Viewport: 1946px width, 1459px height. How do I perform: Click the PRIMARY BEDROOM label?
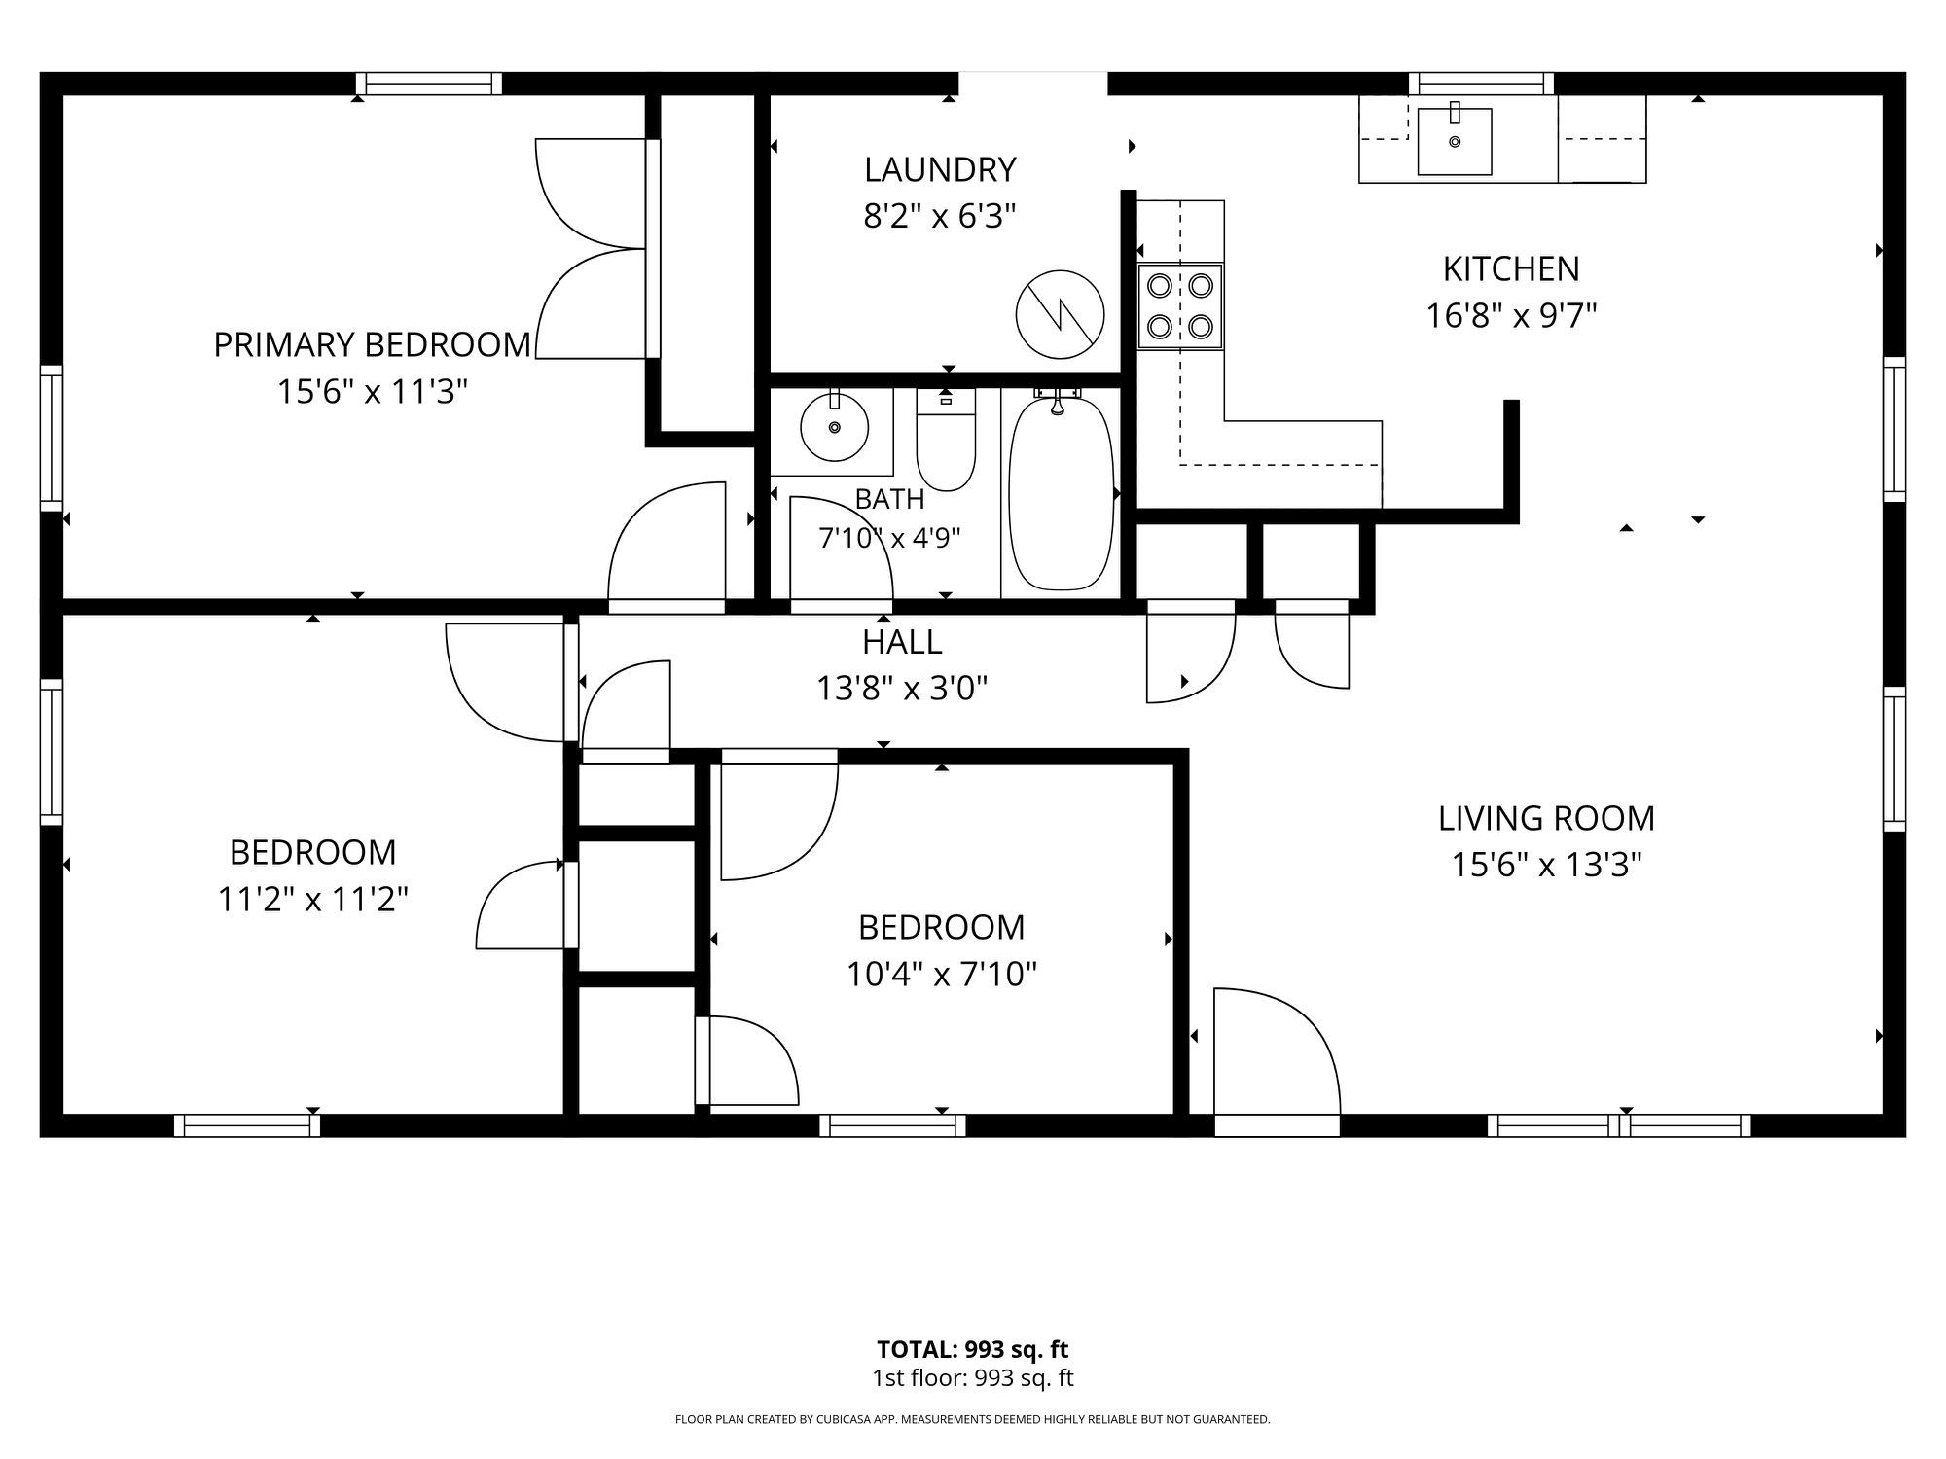tap(373, 344)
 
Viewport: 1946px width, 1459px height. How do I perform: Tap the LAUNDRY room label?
tap(940, 169)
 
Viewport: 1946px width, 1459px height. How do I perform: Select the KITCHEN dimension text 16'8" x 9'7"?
tap(1511, 316)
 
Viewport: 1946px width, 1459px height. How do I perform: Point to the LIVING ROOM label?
tap(1546, 818)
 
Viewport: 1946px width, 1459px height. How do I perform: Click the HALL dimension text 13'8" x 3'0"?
tap(902, 689)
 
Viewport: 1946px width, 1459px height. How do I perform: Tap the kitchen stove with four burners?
tap(1180, 305)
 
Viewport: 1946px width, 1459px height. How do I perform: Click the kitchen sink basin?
tap(1455, 142)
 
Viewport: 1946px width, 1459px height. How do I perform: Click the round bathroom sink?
tap(834, 427)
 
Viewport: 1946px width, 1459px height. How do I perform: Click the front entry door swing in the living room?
tap(1277, 1051)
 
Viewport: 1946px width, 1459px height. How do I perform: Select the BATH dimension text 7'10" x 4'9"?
tap(889, 538)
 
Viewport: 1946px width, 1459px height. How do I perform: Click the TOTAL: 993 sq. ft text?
tap(972, 1349)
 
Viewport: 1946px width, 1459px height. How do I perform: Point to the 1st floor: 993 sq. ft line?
tap(972, 1377)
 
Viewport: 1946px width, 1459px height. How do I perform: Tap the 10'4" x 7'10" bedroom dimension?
tap(941, 974)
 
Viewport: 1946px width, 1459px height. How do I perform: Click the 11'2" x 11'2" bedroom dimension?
tap(312, 899)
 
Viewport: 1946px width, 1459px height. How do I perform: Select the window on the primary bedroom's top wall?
tap(429, 84)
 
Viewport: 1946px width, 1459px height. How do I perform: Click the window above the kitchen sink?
tap(1481, 84)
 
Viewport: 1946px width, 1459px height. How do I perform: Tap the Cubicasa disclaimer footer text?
tap(972, 1420)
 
